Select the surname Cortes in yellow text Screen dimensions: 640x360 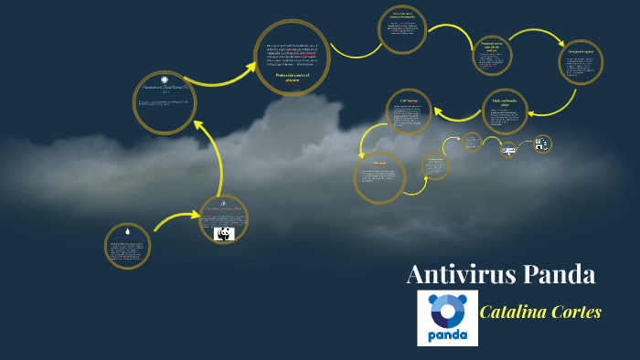click(x=575, y=312)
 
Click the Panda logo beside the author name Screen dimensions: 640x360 click(x=447, y=318)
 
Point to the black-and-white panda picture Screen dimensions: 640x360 click(x=224, y=234)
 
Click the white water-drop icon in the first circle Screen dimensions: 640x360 click(x=127, y=233)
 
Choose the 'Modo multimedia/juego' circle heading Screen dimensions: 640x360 click(x=506, y=102)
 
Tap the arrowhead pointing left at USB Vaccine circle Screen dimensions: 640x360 click(x=439, y=113)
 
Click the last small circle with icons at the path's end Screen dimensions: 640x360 click(x=542, y=143)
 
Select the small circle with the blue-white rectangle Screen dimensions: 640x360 click(x=509, y=149)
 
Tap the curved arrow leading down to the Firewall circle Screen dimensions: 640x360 click(x=366, y=137)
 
